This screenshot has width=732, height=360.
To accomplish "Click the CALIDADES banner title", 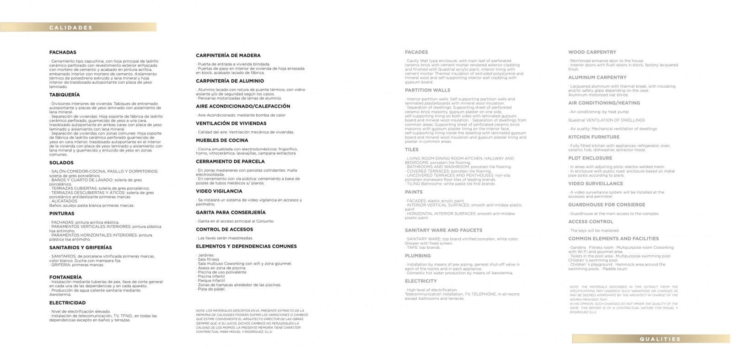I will click(71, 27).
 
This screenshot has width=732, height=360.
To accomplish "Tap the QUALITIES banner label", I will click(660, 339).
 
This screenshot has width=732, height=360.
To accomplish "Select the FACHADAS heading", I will click(63, 53).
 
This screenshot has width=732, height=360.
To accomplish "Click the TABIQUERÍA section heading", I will click(65, 95).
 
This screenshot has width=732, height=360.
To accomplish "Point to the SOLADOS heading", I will click(61, 163).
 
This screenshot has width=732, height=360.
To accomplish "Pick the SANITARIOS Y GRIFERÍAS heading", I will click(81, 247).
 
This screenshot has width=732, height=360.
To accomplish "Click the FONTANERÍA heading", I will click(65, 277).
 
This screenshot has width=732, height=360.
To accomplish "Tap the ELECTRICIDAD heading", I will click(67, 303).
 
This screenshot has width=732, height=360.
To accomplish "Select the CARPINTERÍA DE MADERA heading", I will click(228, 55).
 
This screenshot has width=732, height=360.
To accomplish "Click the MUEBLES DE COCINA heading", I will click(222, 140).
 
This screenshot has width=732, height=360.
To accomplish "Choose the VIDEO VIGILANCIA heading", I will click(219, 191).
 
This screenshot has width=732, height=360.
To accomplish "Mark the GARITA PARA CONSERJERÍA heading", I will click(231, 212).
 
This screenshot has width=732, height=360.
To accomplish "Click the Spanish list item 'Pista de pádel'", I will click(211, 289).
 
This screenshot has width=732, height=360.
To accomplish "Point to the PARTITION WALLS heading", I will click(427, 90).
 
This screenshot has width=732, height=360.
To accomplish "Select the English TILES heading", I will click(411, 150).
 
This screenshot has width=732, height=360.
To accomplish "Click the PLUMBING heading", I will click(417, 256).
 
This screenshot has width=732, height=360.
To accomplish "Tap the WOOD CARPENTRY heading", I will click(592, 52).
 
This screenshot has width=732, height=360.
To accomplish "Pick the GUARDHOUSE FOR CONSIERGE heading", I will click(607, 205).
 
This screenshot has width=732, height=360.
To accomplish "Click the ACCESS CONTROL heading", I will click(590, 222).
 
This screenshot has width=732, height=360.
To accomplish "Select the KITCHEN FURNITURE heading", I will click(594, 137).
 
